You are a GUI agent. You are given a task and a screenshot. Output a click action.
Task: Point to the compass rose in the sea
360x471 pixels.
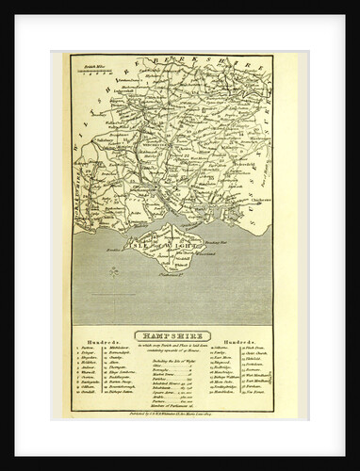click(x=114, y=272)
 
